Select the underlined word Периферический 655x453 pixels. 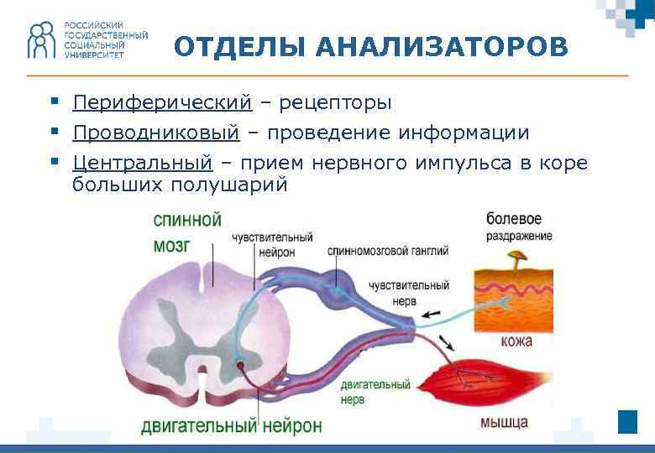[x=161, y=103]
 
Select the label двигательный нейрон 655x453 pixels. [x=231, y=425]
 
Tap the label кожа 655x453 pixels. [x=516, y=341]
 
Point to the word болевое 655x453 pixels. [x=514, y=219]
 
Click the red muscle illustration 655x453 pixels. [x=483, y=386]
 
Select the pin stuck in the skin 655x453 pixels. [x=518, y=256]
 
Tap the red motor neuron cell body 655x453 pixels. [x=241, y=366]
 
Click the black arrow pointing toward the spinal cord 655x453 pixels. [x=429, y=315]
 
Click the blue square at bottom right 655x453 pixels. [x=627, y=421]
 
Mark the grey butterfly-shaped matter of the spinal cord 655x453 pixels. [x=201, y=331]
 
